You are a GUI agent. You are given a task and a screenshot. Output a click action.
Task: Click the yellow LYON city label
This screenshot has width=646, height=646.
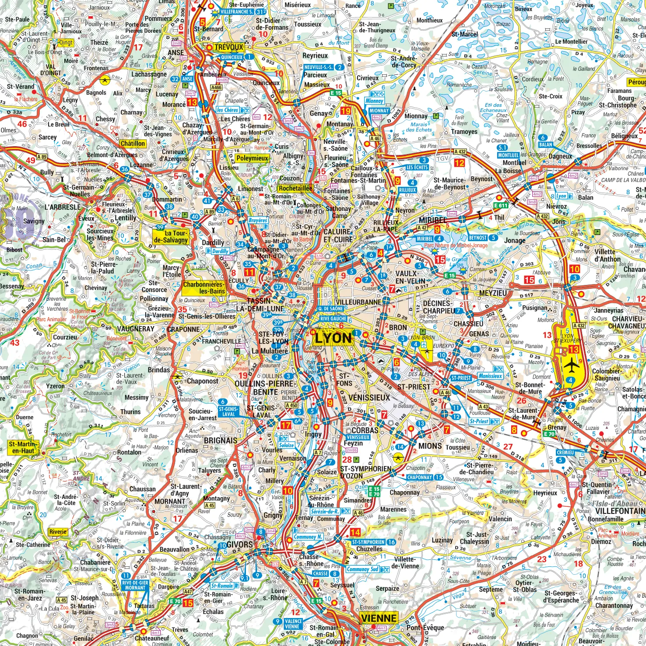pos(333,337)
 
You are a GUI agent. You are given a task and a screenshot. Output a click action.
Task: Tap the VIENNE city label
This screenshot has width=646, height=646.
pos(379,618)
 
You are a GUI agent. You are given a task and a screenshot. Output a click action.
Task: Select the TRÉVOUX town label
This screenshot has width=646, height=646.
pos(228,47)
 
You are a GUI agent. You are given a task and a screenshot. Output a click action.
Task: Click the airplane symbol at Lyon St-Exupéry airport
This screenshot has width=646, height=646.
pos(571,364)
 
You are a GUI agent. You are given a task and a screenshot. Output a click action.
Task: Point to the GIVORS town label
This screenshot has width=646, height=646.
pos(239,544)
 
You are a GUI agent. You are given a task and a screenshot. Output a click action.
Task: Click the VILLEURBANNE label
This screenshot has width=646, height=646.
pos(358,302)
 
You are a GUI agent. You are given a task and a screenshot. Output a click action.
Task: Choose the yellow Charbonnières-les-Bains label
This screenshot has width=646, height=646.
pos(204,288)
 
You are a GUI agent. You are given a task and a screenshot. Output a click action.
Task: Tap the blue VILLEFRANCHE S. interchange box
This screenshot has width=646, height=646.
pos(237,12)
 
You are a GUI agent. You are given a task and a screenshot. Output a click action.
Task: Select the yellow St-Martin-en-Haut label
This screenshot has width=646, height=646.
pos(23,447)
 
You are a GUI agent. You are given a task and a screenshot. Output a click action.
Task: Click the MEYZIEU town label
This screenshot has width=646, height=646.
pos(493,293)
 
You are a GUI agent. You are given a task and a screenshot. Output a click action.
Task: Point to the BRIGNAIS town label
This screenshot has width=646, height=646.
pos(220,440)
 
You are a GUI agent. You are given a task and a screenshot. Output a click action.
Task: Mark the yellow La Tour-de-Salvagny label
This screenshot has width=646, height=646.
pos(171,236)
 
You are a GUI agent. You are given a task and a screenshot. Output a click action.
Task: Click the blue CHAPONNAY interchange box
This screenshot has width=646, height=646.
pos(420,477)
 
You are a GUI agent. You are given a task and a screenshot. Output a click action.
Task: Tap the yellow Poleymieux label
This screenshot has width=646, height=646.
pos(252,158)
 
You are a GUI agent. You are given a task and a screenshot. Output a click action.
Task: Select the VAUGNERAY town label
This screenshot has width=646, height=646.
pos(136,329)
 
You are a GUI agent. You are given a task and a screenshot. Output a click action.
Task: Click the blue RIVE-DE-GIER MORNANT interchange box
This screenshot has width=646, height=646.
pos(135,585)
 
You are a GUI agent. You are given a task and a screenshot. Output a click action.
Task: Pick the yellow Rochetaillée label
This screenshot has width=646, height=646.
pos(295,188)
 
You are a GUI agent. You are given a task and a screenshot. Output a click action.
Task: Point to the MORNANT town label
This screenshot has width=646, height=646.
pos(170,501)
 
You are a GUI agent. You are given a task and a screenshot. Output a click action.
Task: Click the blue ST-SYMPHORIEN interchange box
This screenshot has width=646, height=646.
pos(369,542)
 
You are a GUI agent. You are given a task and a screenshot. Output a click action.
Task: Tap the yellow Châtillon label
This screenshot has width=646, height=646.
pos(133,144)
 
